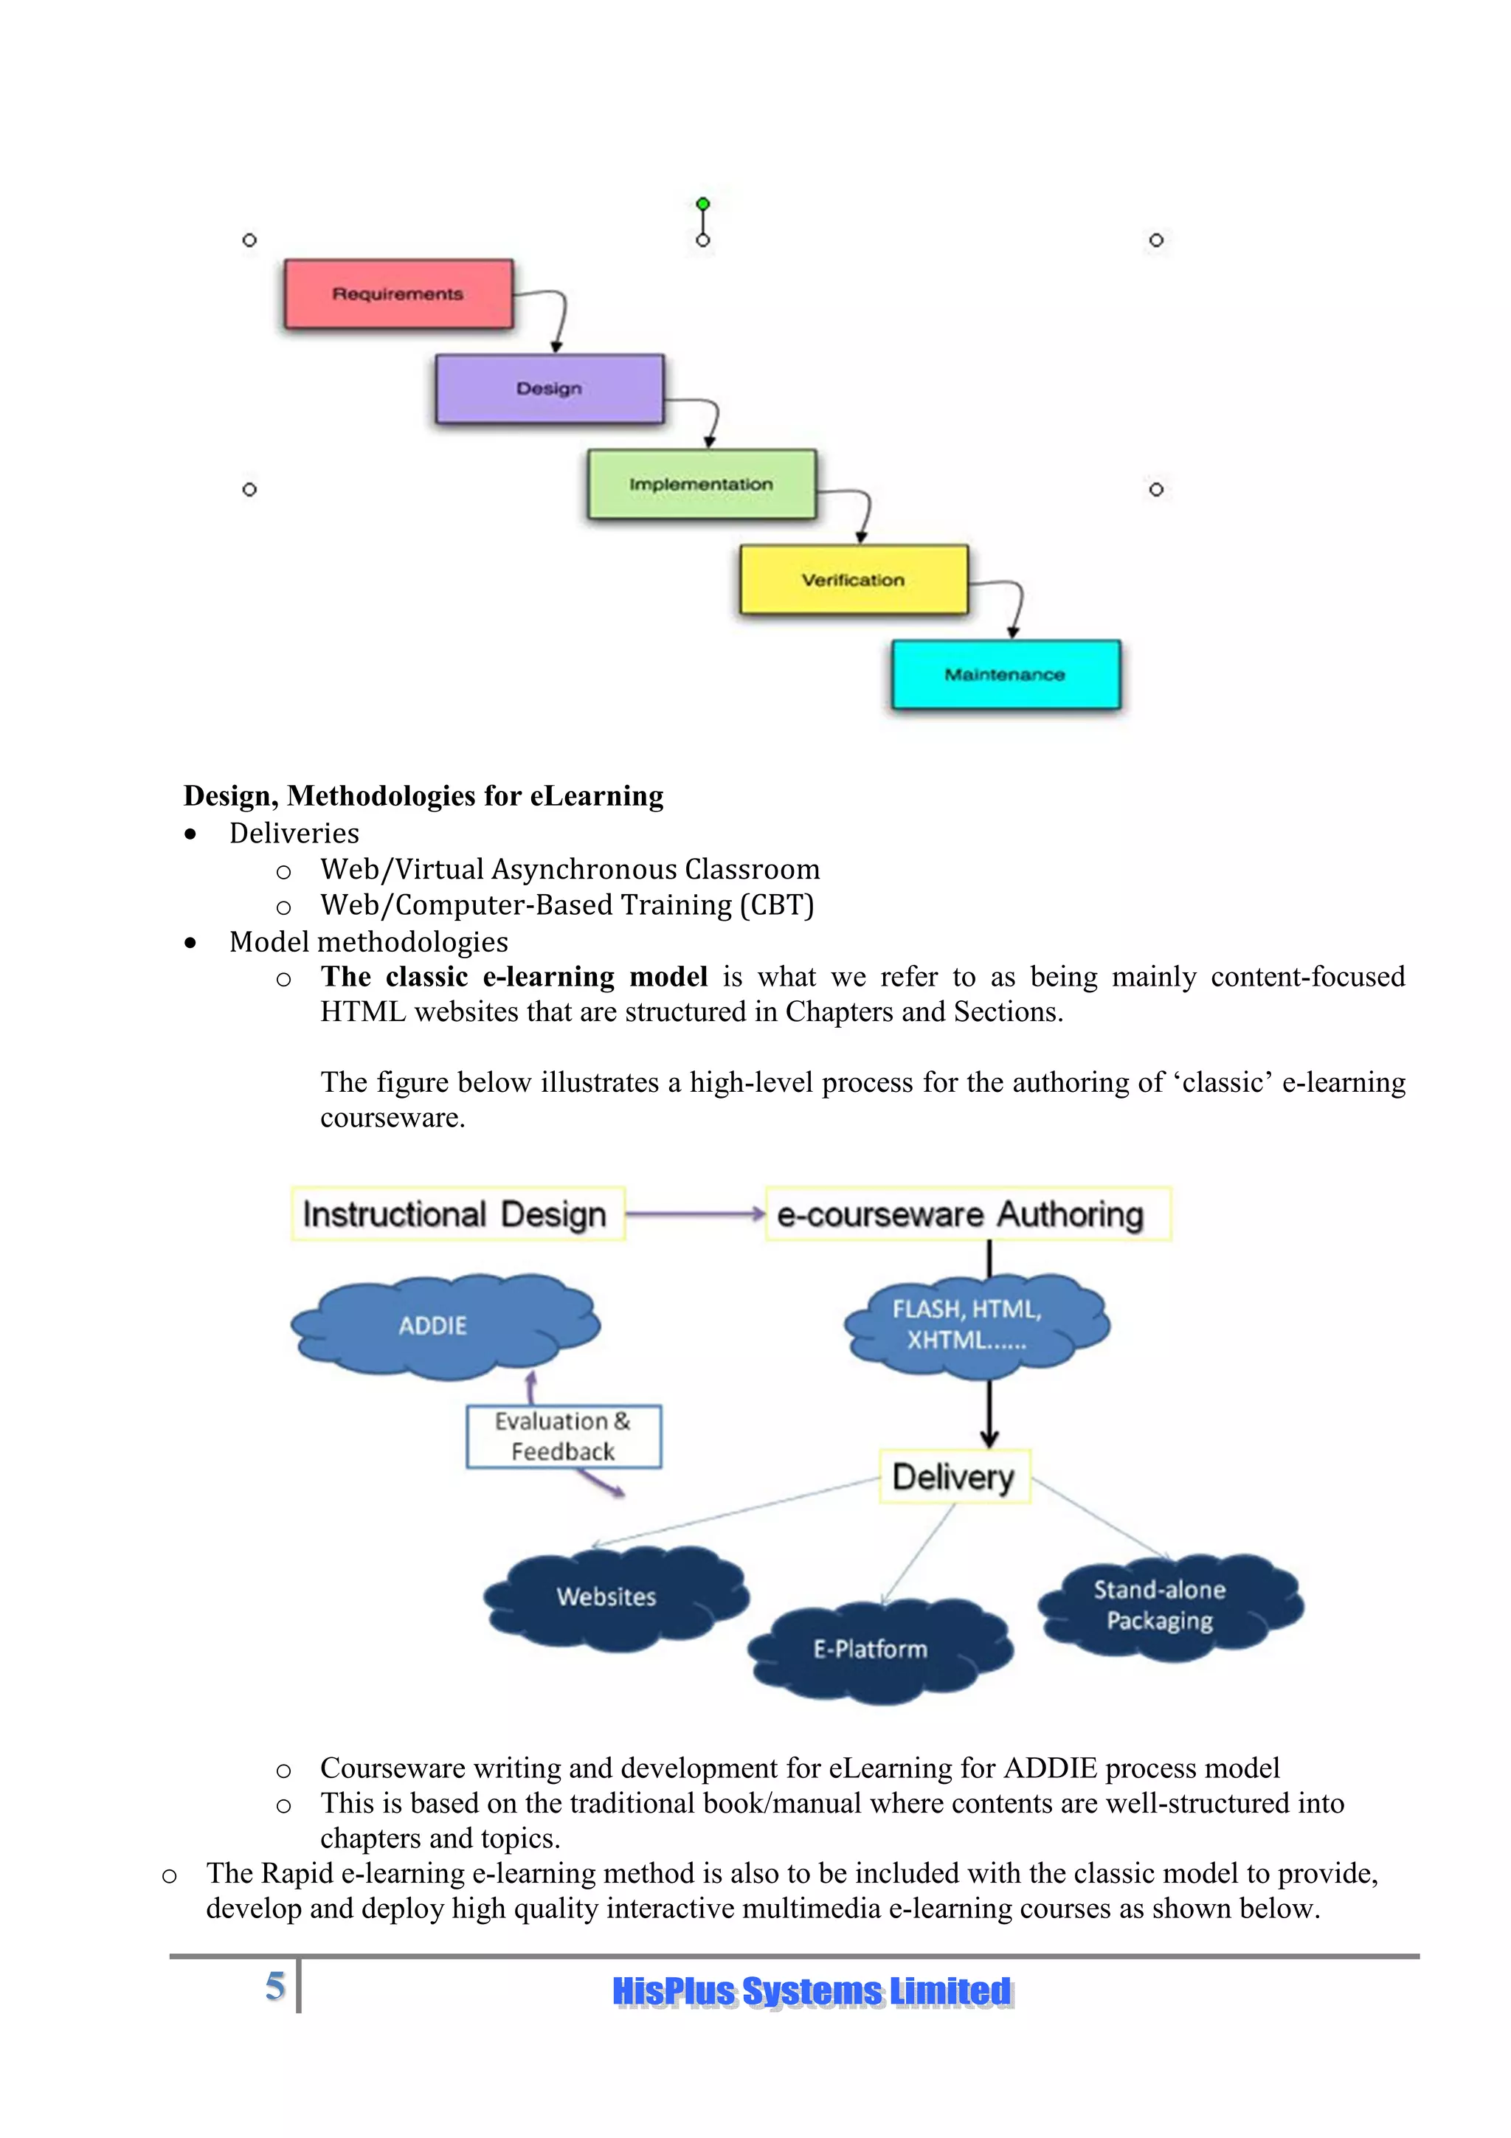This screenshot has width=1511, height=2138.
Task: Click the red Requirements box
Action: pos(398,294)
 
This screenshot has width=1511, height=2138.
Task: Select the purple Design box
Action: pos(549,388)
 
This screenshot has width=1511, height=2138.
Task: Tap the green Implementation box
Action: pos(701,484)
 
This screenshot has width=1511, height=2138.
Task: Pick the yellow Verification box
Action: pos(853,579)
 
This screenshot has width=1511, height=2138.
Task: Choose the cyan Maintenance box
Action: pos(1006,674)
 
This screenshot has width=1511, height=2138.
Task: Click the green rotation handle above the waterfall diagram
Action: pos(703,204)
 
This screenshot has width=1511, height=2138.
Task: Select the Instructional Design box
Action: pos(456,1214)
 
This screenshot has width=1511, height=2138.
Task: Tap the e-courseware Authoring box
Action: pos(967,1214)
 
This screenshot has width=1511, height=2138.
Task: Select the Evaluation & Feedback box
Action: pos(563,1436)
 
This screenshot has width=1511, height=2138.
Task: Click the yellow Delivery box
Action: pos(954,1477)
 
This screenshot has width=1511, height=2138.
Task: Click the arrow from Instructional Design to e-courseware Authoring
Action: pos(694,1214)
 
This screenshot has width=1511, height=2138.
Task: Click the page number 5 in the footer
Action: pos(274,1985)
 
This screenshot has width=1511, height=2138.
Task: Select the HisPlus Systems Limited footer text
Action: pos(812,1991)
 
